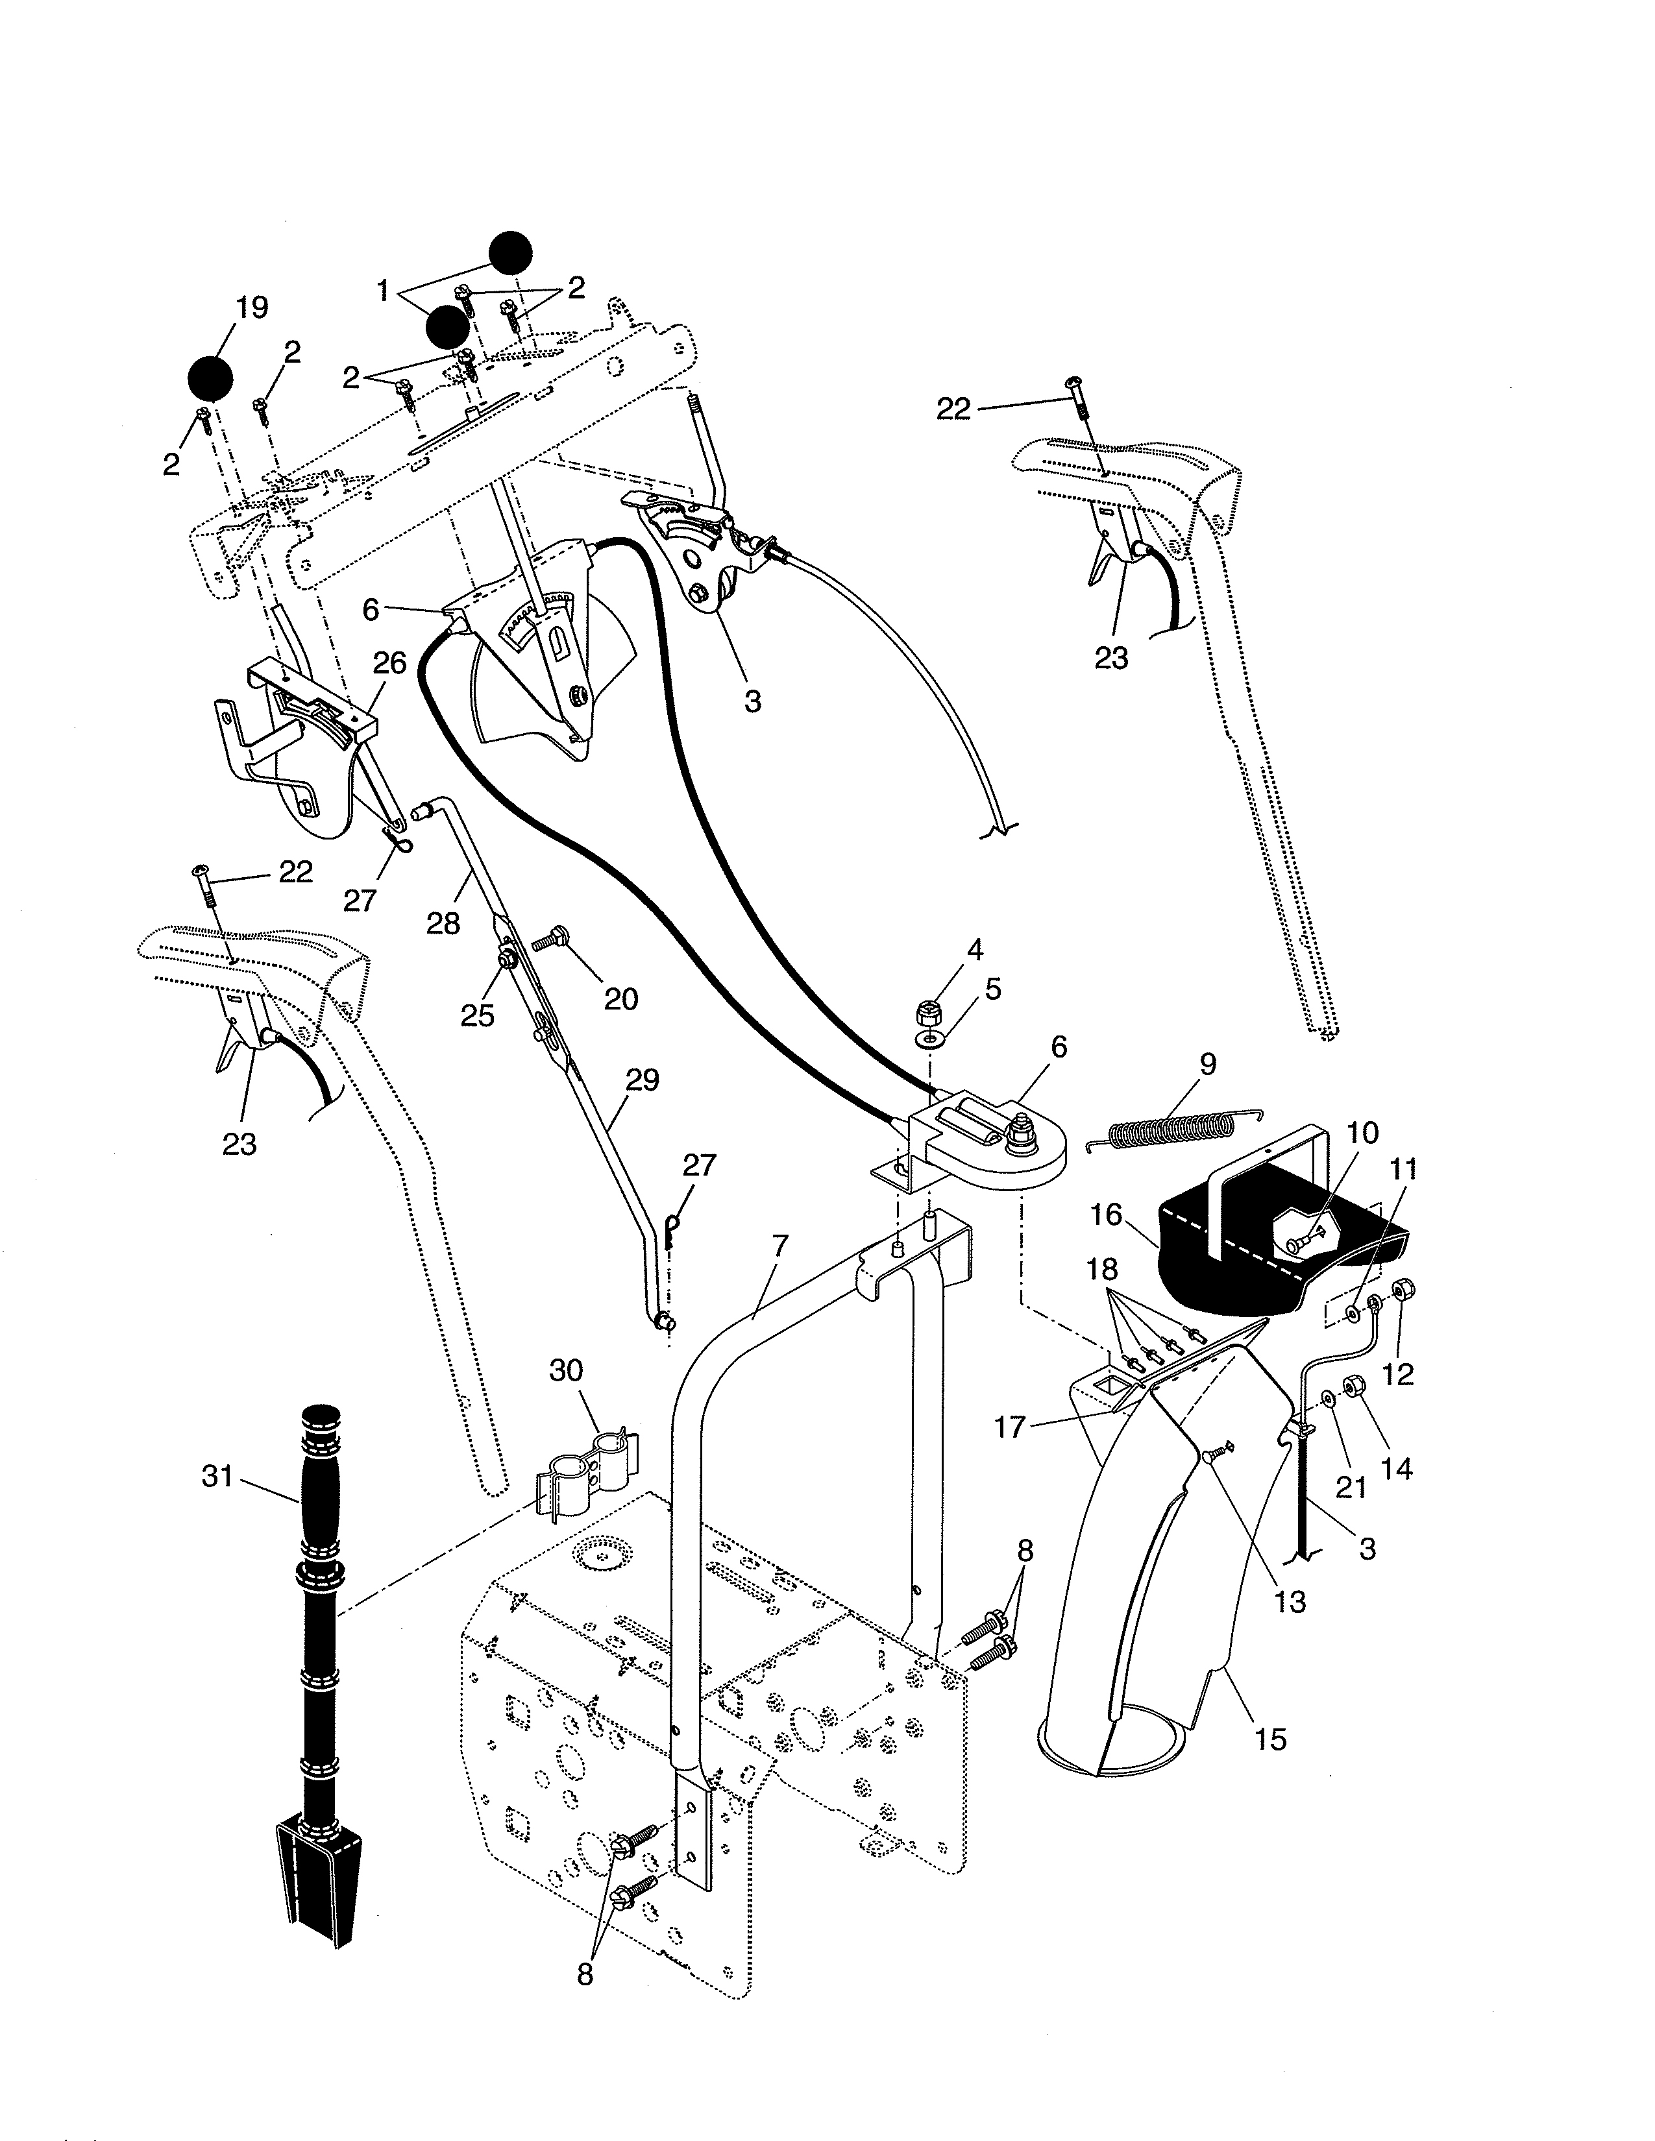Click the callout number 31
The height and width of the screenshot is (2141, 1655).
217,1475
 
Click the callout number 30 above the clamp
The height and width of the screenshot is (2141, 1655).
566,1370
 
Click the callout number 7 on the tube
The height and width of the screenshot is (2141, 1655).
779,1247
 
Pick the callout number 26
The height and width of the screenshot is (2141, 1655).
389,664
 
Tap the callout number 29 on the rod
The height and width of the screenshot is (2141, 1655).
642,1080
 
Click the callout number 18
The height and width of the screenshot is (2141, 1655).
1102,1270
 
